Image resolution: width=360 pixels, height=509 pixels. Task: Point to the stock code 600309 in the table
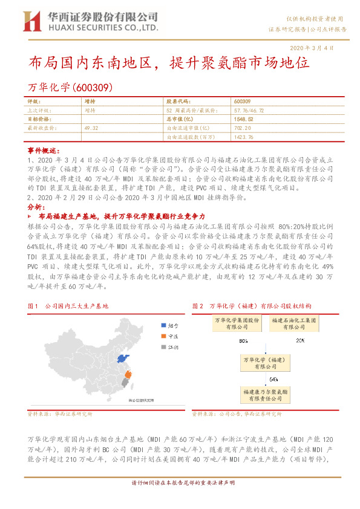[242, 102]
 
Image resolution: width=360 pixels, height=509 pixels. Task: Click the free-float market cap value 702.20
[241, 128]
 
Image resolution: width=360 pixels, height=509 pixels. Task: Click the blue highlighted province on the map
[123, 360]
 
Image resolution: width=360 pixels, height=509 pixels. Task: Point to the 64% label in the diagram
[273, 379]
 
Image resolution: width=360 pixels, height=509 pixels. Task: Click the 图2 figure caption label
[197, 306]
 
